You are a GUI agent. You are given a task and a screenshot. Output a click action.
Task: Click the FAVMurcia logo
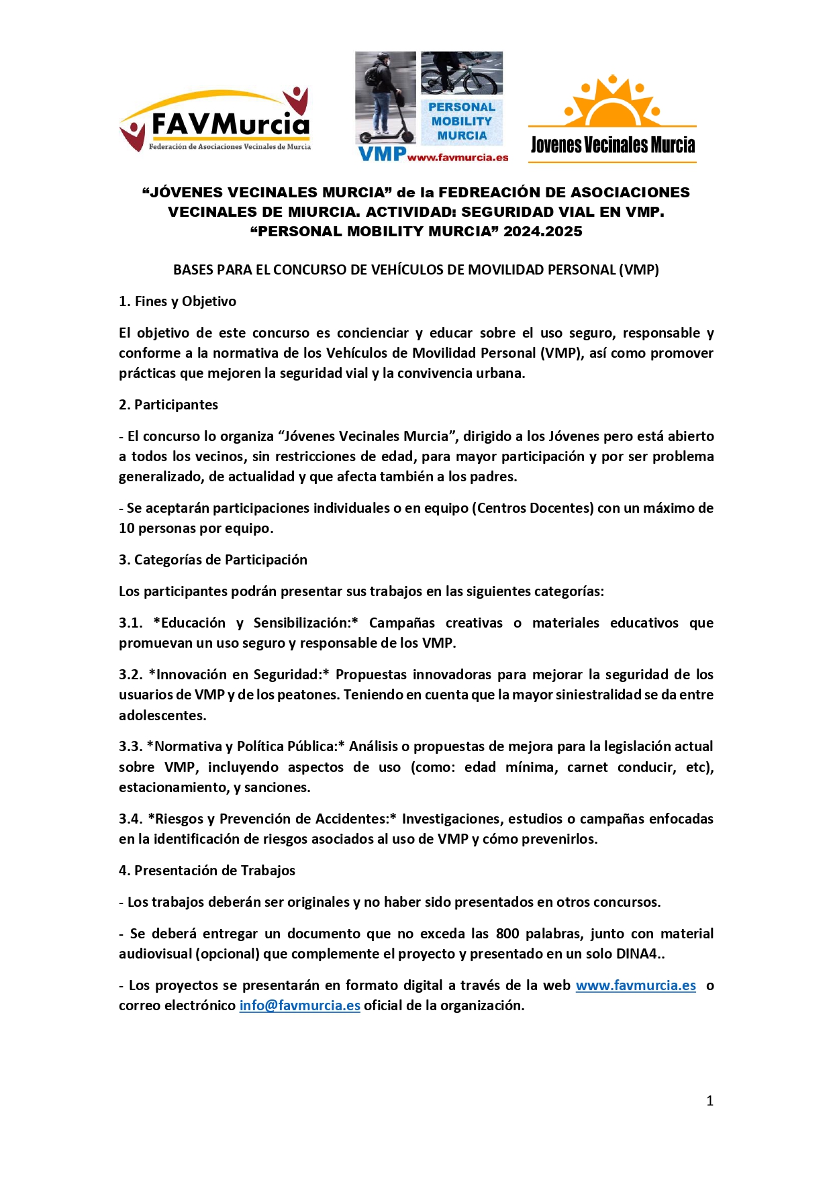coord(215,121)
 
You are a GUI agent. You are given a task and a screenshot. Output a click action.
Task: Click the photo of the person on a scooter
coord(385,97)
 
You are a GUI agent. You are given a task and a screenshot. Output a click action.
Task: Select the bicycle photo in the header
coord(461,73)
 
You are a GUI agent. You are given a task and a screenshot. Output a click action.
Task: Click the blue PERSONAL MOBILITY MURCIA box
coord(461,121)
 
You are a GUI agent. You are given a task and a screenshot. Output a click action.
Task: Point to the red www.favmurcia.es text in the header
coord(457,158)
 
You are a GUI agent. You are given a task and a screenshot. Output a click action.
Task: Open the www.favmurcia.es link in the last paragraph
coord(636,985)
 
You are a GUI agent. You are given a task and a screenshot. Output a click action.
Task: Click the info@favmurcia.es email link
coord(299,1005)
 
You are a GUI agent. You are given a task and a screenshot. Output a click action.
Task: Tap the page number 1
coord(709,1101)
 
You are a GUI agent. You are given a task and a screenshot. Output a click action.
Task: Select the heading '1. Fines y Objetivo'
coord(177,301)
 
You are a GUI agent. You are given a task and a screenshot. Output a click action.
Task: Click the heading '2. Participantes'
coord(168,405)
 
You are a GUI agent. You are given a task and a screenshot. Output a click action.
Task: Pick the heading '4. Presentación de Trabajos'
coord(207,871)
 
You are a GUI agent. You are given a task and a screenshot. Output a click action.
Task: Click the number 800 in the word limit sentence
coord(507,934)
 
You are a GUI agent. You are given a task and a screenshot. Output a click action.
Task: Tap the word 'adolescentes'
coord(162,716)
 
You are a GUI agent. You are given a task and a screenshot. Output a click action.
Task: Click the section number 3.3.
coord(130,746)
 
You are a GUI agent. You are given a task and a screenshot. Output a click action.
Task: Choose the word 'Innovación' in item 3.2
coord(191,675)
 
